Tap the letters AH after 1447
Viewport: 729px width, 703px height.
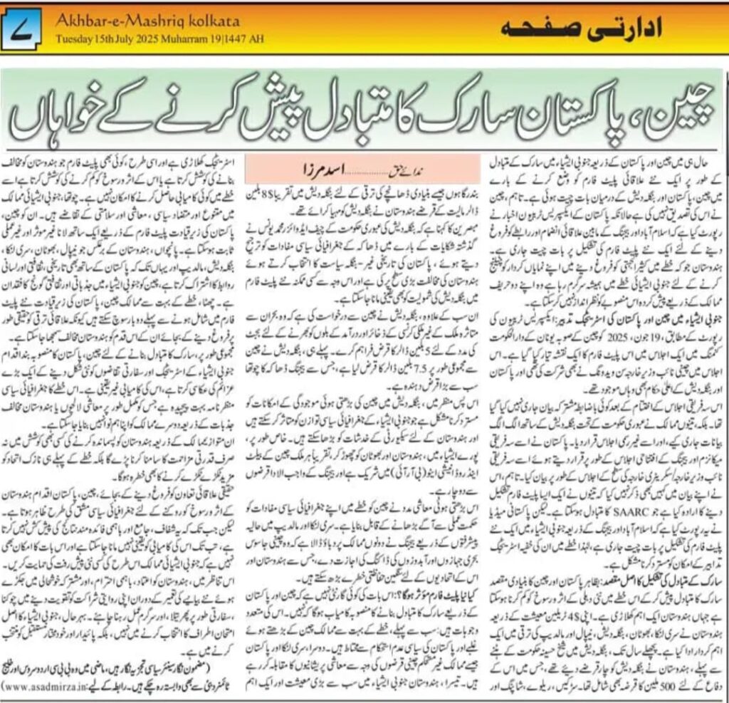[256, 38]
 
